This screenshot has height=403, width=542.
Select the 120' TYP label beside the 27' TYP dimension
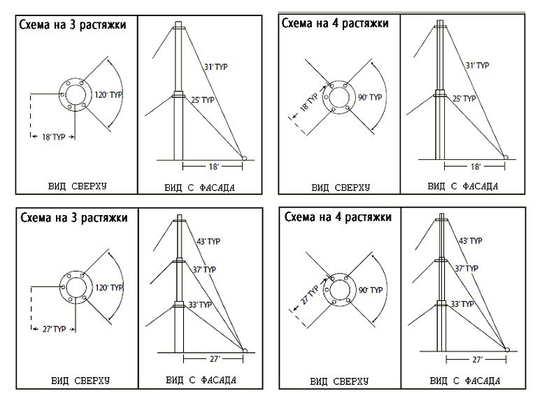(x=108, y=287)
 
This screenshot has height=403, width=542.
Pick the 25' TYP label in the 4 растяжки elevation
(x=464, y=99)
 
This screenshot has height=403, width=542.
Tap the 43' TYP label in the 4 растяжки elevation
(x=470, y=242)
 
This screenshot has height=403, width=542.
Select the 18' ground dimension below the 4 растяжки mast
(x=476, y=167)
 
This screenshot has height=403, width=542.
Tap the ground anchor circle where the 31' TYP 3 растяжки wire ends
(x=245, y=158)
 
